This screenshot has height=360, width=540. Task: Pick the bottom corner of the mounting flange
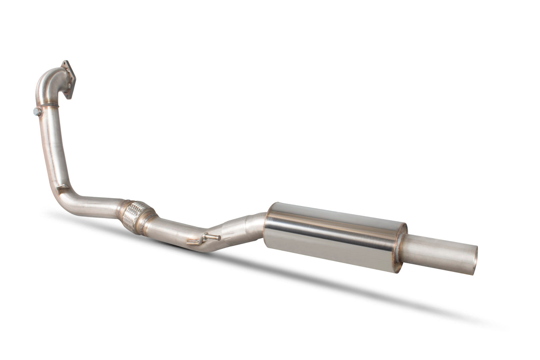[70, 98]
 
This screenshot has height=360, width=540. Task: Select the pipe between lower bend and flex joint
[98, 204]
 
